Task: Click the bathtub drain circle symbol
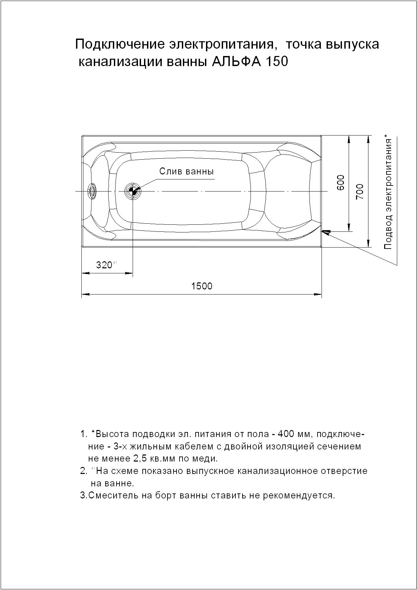(x=133, y=192)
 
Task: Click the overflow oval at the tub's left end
(x=92, y=192)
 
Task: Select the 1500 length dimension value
(x=202, y=286)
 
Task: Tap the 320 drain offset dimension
(x=104, y=265)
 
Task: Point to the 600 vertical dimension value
(x=341, y=182)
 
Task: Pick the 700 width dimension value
(x=360, y=192)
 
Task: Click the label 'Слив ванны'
(x=186, y=171)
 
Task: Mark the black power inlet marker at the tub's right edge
(x=326, y=231)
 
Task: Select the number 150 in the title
(x=277, y=62)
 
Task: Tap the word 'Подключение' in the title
(x=119, y=44)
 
